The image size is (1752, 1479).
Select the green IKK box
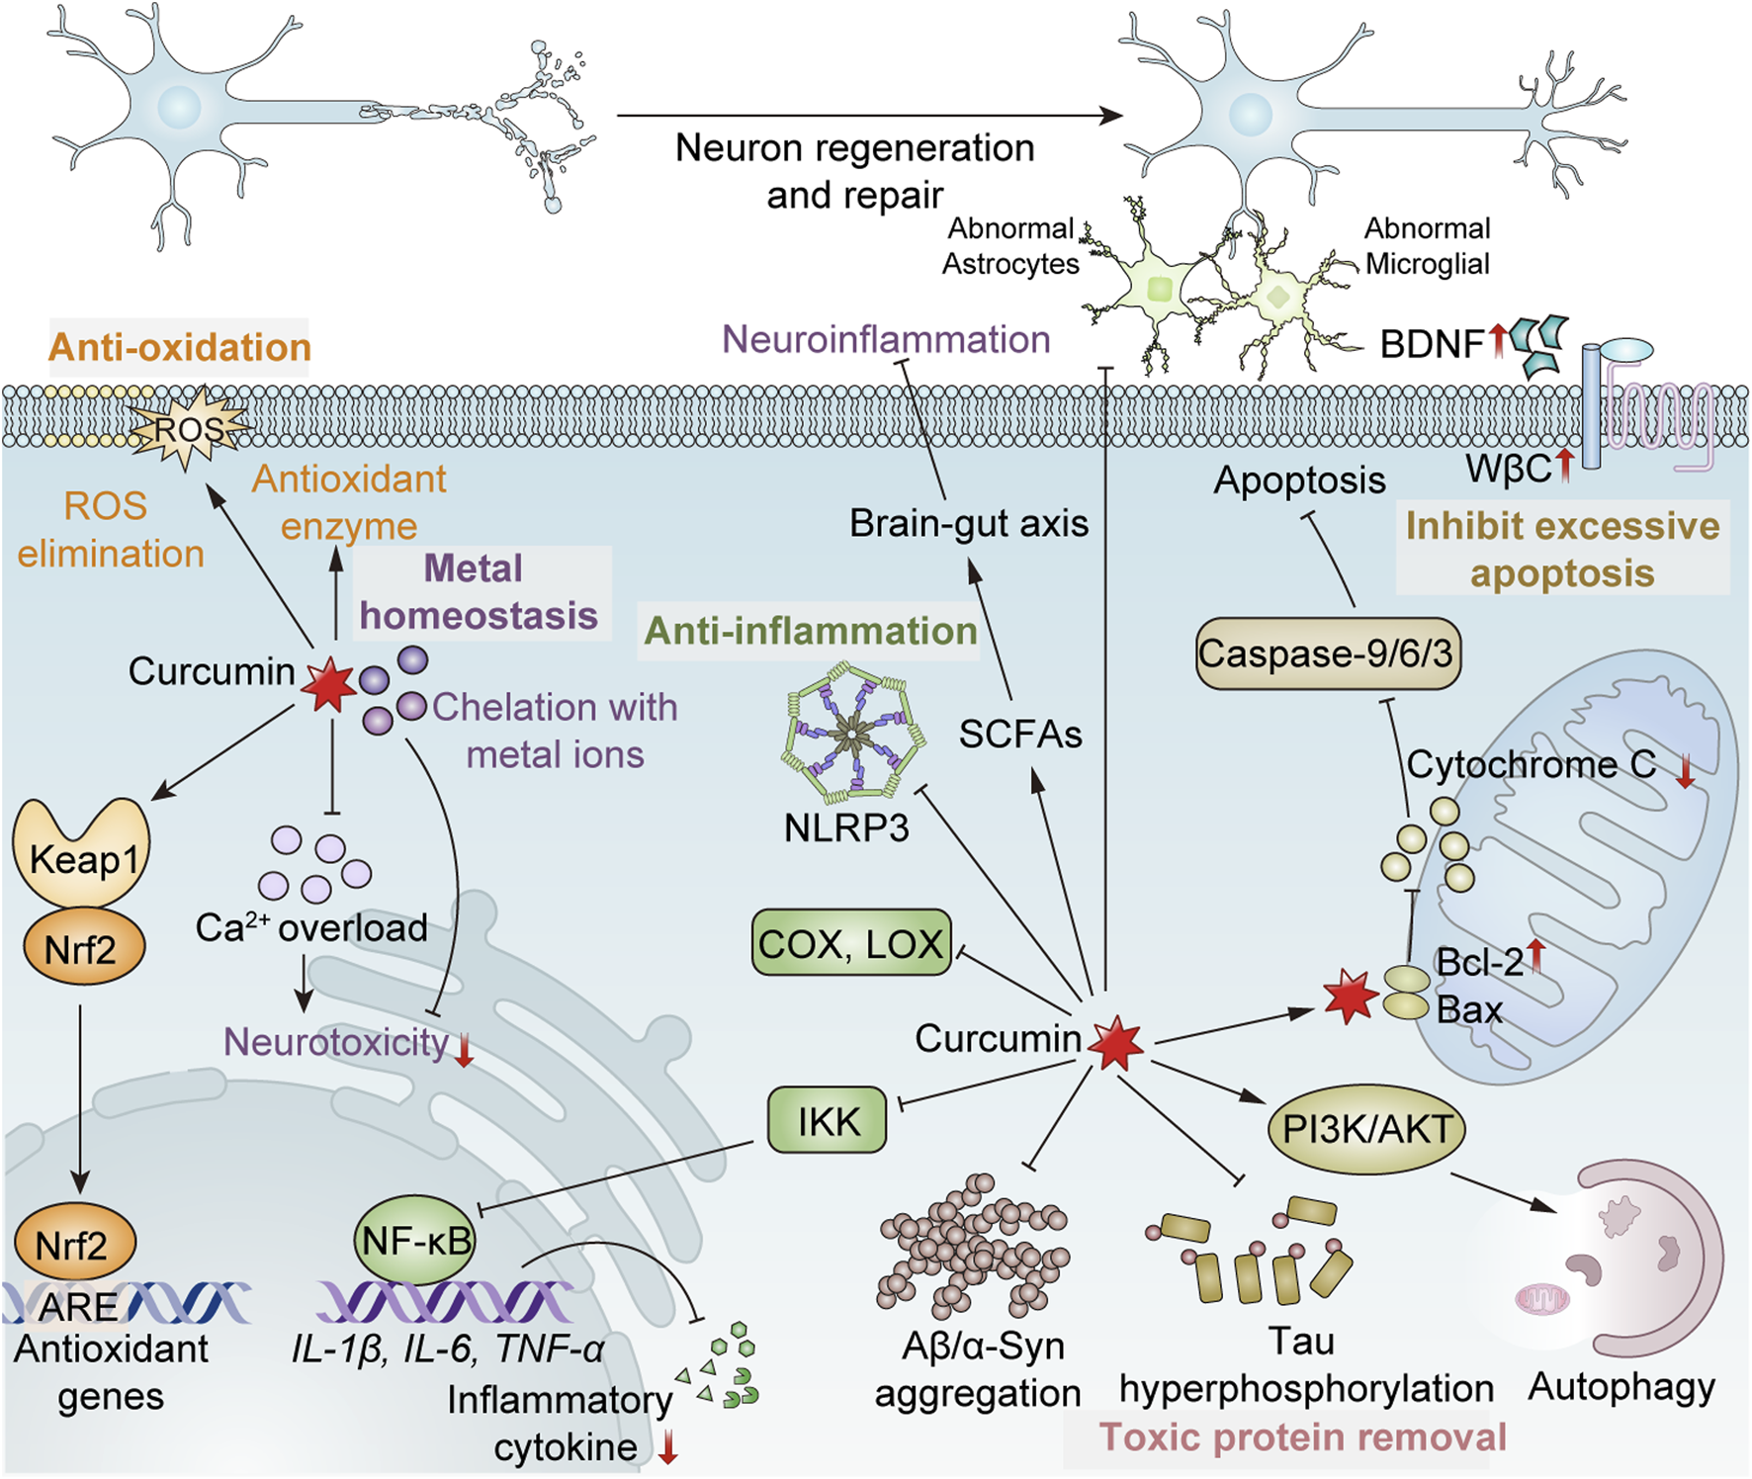[x=828, y=1120]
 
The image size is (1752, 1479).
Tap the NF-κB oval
[x=415, y=1240]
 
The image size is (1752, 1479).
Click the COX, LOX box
[x=851, y=943]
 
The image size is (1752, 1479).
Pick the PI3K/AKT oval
[x=1366, y=1129]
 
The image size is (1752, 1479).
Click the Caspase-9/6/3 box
[x=1327, y=652]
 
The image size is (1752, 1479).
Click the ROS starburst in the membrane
[x=188, y=428]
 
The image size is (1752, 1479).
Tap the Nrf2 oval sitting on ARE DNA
[x=75, y=1244]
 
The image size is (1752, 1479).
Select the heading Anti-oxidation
[x=180, y=347]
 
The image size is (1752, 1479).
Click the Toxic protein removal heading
[x=1302, y=1436]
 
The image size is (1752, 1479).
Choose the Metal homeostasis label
[x=479, y=592]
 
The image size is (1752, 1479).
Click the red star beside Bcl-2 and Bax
[x=1350, y=997]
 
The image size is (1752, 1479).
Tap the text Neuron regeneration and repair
[x=855, y=171]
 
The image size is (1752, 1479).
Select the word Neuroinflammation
[x=886, y=339]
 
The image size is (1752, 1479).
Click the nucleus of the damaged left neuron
[x=180, y=106]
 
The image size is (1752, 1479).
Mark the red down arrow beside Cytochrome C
[x=1686, y=769]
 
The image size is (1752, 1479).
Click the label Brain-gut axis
[x=969, y=523]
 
